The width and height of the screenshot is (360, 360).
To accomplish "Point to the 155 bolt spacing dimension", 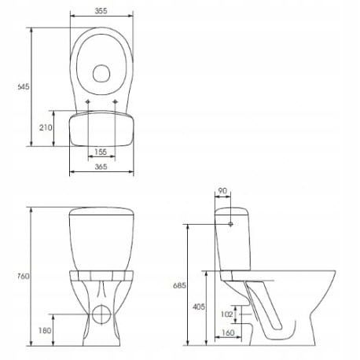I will pos(101,152).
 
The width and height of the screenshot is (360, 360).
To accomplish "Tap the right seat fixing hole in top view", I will pos(115,102).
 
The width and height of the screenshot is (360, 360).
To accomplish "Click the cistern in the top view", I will pos(101,129).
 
